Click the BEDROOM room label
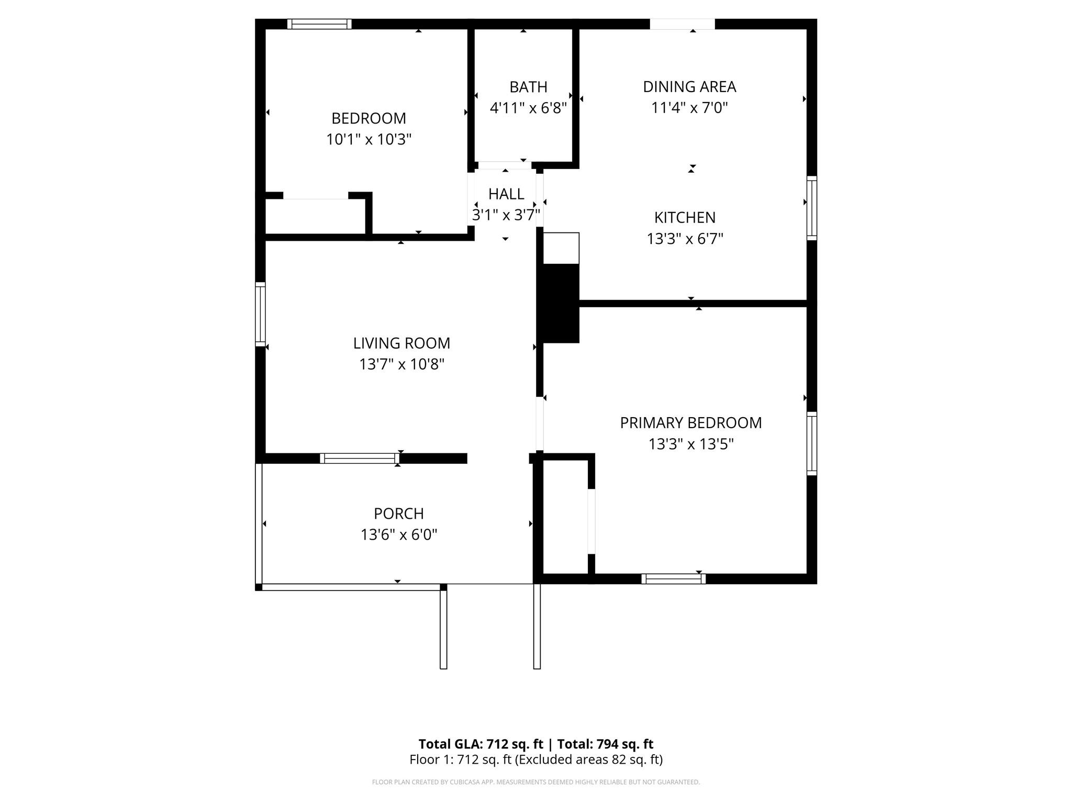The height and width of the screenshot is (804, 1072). tap(368, 118)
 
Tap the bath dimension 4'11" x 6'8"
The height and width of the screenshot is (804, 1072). tap(528, 108)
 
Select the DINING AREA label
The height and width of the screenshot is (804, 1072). tap(689, 87)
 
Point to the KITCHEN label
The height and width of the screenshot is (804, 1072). tap(685, 217)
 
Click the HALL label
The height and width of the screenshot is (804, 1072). tap(506, 194)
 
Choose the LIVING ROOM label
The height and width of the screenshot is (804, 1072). tap(401, 343)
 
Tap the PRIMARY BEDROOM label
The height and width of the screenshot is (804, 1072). tap(690, 423)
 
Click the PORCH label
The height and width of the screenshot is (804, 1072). tap(398, 513)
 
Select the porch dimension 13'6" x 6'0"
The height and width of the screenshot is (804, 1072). tap(398, 535)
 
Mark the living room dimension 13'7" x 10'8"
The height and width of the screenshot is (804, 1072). tap(401, 364)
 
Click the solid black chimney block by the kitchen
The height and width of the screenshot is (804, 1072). tap(561, 304)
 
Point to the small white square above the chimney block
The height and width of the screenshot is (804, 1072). tap(561, 248)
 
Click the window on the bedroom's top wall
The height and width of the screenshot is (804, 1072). tap(319, 24)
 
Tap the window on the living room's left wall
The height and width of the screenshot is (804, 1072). tap(260, 314)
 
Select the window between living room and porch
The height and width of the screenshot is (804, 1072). tap(360, 459)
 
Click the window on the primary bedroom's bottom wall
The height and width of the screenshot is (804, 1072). tap(673, 579)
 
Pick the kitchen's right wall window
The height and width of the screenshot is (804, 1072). tap(811, 208)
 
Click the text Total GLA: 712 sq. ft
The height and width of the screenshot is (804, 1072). tap(481, 744)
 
